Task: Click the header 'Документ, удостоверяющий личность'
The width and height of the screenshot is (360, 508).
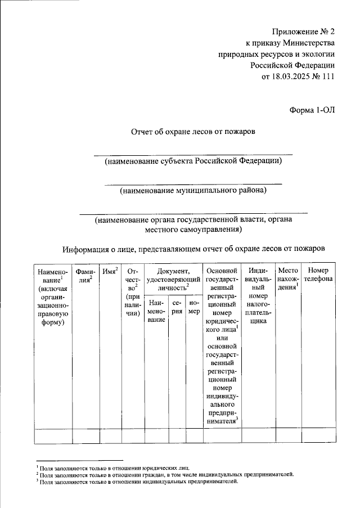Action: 173,279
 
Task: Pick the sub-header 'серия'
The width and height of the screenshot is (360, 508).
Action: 177,306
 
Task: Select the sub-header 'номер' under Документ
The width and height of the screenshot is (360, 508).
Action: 195,306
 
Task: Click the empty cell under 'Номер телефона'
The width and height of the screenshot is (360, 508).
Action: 318,436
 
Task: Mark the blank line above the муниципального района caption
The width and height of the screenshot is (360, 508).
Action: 193,183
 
